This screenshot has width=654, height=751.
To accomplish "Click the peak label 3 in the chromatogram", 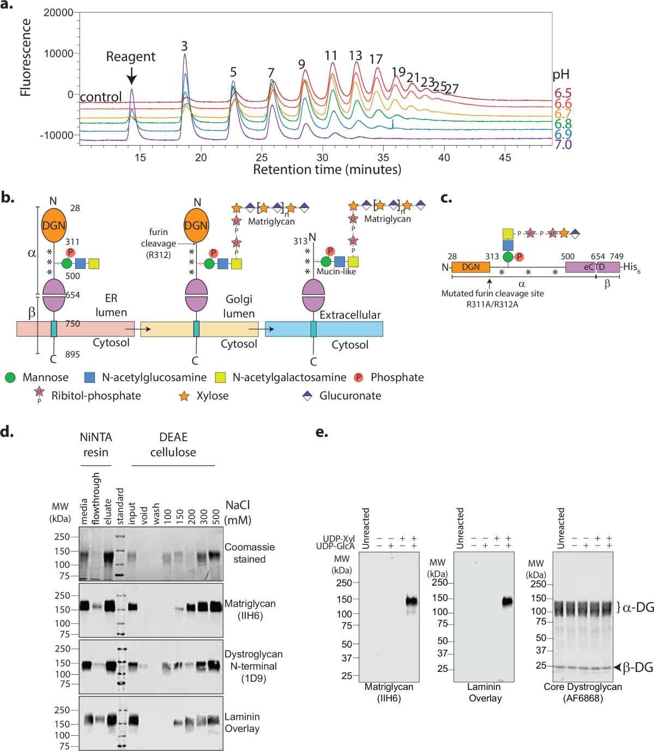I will click(x=185, y=46).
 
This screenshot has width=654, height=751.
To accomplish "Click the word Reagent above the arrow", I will click(x=130, y=57).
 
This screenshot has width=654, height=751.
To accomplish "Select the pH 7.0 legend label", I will click(x=563, y=145).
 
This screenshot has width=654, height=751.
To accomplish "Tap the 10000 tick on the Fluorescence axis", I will click(x=58, y=53).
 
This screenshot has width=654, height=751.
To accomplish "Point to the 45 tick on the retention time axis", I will click(x=505, y=158).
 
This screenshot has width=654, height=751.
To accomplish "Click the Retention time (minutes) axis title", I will click(x=327, y=170).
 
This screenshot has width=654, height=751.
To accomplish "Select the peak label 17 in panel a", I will click(x=376, y=59).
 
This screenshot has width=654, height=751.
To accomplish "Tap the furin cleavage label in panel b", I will click(x=158, y=243).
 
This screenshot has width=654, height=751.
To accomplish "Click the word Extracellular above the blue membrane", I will click(x=350, y=315).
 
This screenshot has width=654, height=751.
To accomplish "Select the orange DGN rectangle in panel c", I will click(x=470, y=267).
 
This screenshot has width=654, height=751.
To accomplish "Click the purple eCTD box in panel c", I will click(x=593, y=267).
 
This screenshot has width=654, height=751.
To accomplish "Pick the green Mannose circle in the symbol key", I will click(x=10, y=377).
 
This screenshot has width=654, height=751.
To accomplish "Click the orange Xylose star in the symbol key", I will click(x=184, y=396).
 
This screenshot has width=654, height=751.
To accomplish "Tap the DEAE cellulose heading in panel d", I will click(x=173, y=444).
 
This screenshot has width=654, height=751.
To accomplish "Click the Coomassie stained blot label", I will click(x=250, y=553).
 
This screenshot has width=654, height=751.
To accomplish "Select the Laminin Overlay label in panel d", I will click(x=242, y=723).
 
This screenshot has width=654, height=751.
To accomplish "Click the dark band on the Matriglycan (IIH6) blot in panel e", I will click(x=411, y=601).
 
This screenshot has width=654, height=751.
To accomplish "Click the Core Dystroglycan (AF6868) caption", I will click(x=583, y=692).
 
